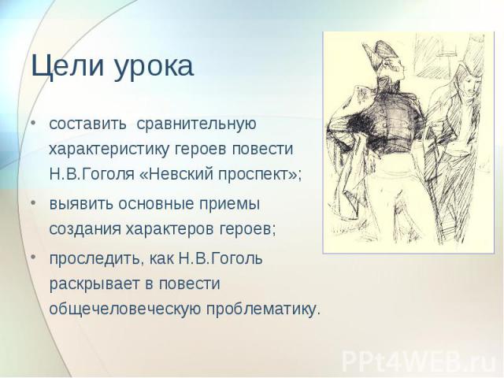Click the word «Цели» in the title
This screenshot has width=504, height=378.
[68, 66]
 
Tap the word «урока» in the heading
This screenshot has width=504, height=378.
[154, 69]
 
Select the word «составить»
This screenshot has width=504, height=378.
[87, 124]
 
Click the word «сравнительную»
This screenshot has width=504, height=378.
[196, 125]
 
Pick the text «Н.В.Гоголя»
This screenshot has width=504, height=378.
[91, 174]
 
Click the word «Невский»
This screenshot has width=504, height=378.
[181, 174]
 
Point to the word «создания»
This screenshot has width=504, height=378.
[84, 229]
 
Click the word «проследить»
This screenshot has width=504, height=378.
[94, 259]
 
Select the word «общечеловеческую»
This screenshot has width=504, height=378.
[124, 309]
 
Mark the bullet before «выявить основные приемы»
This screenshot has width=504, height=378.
[33, 203]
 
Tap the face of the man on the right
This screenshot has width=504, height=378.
[470, 84]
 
